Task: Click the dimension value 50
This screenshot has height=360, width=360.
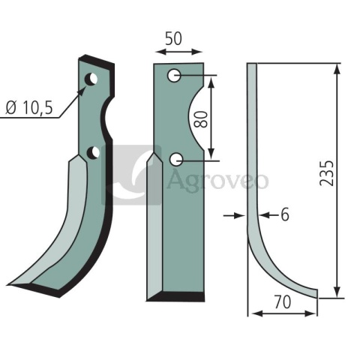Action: [x=173, y=39]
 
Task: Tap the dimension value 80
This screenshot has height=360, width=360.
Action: [x=200, y=119]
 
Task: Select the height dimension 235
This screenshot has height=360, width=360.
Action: [x=326, y=173]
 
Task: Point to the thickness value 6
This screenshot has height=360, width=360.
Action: [x=285, y=214]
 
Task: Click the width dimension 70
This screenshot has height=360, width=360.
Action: [x=283, y=302]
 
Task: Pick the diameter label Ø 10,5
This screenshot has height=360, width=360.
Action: [x=29, y=108]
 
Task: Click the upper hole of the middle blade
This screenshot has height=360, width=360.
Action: [x=174, y=76]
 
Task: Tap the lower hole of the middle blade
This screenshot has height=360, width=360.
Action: [x=176, y=159]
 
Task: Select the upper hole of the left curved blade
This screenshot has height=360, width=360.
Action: [x=91, y=79]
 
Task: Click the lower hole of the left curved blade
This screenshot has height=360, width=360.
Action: [x=93, y=153]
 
